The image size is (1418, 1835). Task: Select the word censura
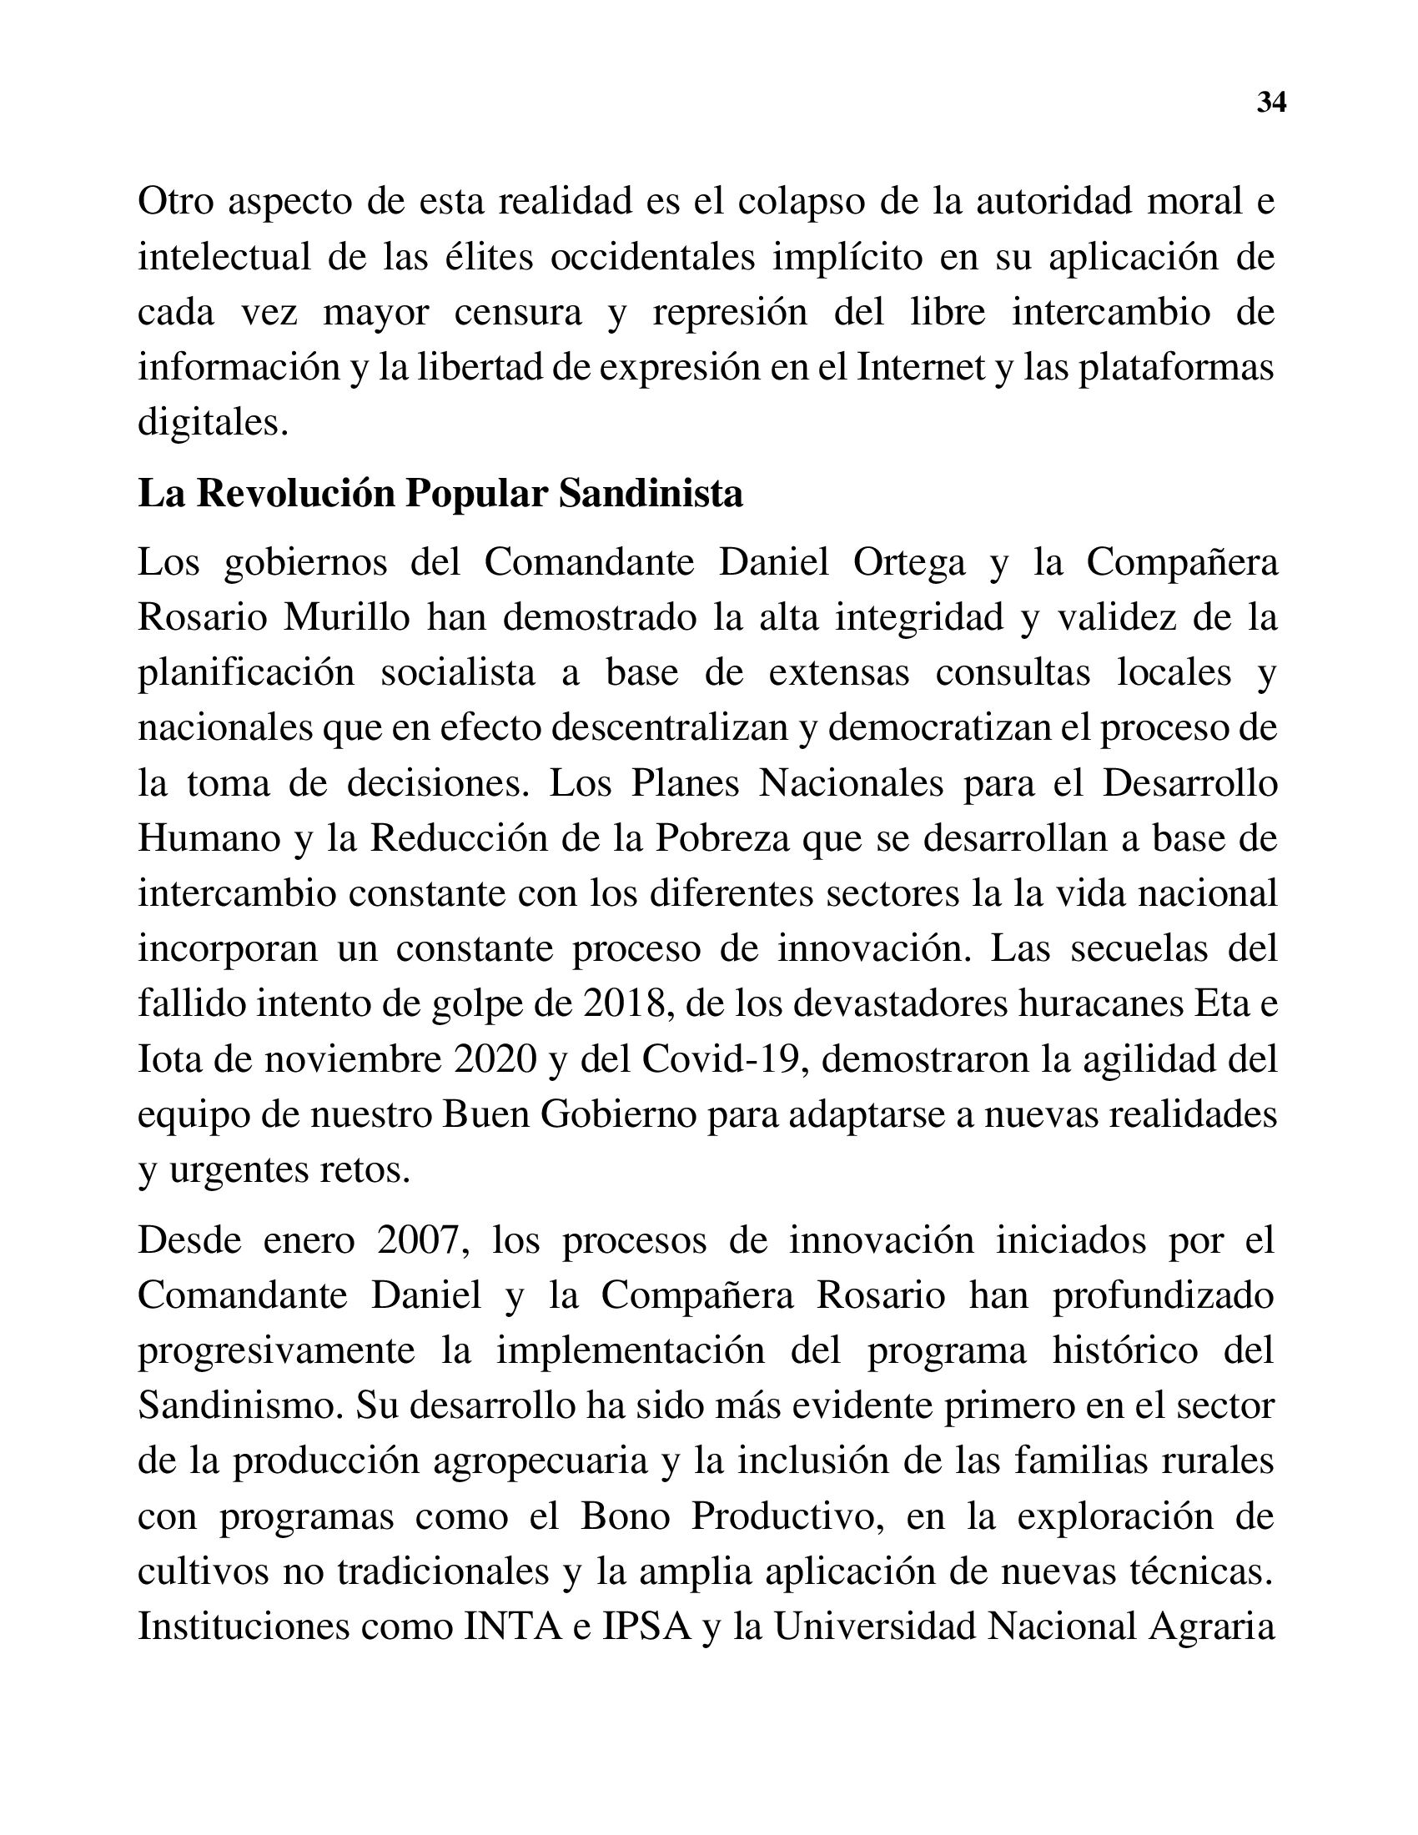517,313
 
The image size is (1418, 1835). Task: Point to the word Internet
921,367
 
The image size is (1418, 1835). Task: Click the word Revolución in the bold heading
296,494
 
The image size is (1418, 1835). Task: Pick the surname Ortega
909,562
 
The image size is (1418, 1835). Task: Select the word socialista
458,673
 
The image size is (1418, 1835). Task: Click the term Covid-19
725,1059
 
